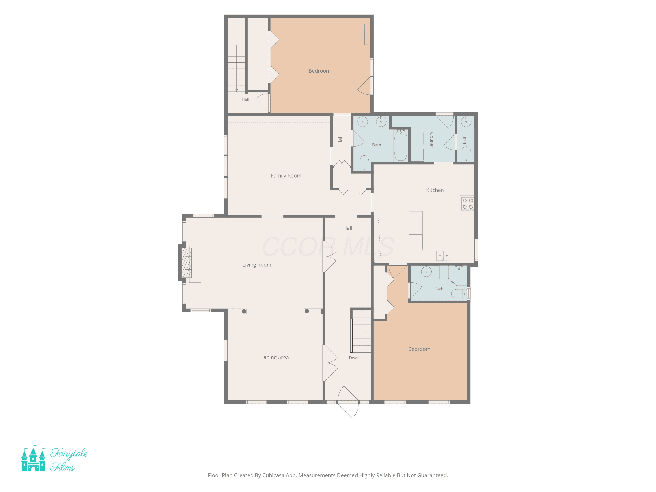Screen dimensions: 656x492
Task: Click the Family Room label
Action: (286, 176)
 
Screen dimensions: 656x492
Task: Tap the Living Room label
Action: (257, 265)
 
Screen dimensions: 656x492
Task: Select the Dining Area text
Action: (275, 357)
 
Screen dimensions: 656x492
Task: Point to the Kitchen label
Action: (435, 190)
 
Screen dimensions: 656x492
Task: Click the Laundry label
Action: (431, 140)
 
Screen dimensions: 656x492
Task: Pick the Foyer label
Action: (354, 358)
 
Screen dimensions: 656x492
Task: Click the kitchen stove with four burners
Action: (467, 203)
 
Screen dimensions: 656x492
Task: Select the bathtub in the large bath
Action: (401, 145)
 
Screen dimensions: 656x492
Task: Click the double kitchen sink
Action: (443, 256)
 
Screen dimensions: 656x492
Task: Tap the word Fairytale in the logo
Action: (69, 454)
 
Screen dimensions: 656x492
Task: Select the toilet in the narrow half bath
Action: (466, 154)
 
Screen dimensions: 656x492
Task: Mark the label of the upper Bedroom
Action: (319, 71)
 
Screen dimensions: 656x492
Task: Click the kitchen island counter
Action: (415, 229)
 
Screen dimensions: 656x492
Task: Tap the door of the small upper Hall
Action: (262, 103)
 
